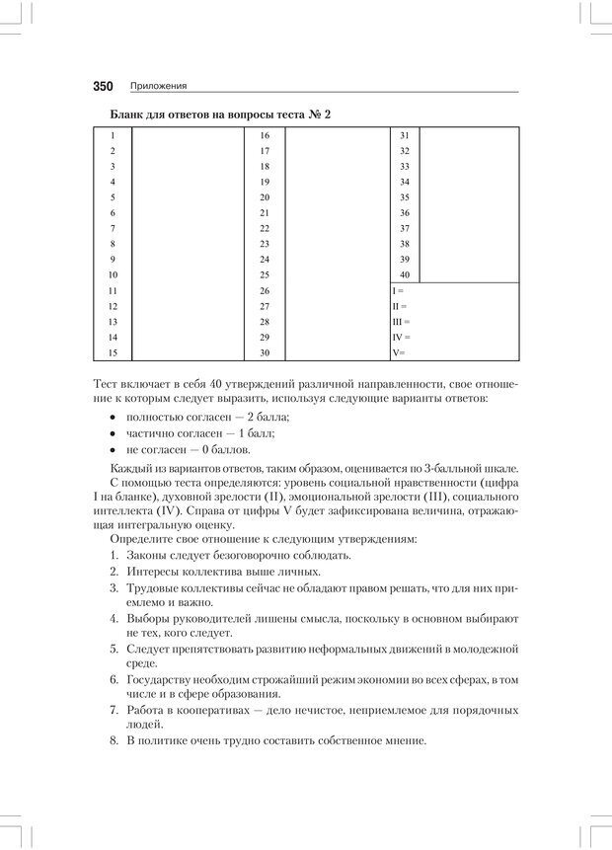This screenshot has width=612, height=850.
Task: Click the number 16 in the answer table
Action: (x=265, y=135)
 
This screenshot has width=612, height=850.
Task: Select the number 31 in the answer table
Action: (x=405, y=135)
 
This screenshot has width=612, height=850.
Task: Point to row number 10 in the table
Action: (x=114, y=274)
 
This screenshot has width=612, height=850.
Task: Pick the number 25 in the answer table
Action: (x=265, y=274)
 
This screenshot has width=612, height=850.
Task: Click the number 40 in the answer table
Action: (x=405, y=274)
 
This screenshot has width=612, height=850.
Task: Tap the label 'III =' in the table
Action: (x=401, y=322)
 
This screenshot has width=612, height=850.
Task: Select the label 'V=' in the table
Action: (x=399, y=352)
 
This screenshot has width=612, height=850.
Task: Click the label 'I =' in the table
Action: (x=398, y=291)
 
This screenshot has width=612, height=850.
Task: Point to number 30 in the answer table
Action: (x=265, y=352)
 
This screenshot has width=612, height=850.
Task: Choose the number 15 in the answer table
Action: (x=114, y=352)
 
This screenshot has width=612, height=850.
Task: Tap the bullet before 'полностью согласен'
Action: (x=115, y=419)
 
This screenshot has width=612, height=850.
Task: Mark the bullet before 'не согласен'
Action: (x=115, y=450)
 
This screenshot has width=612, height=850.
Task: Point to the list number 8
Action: (x=115, y=739)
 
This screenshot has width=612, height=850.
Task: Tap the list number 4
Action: (x=115, y=618)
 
